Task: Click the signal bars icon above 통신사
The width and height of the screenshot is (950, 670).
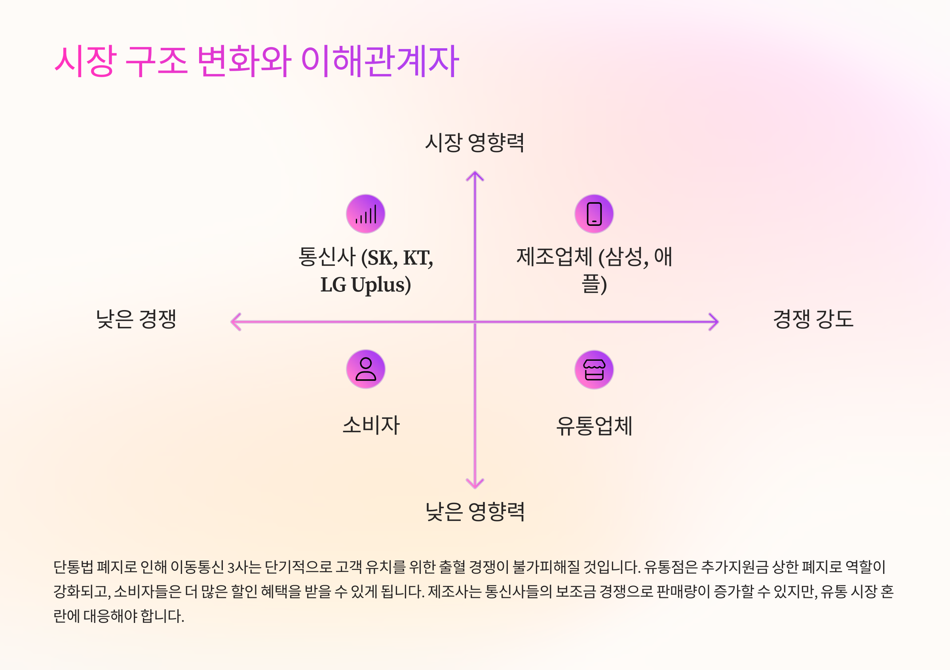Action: [x=366, y=214]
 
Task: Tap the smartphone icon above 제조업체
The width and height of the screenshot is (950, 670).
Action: [x=594, y=214]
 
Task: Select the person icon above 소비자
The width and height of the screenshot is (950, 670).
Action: [x=366, y=369]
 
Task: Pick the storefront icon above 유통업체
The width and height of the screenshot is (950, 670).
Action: [x=594, y=369]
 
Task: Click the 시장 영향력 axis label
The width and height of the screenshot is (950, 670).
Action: [x=475, y=143]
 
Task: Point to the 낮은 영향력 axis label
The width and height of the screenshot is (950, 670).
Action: [x=475, y=512]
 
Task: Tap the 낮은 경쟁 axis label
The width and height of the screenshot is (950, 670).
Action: [x=136, y=319]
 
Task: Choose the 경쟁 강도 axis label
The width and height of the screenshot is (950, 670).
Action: [x=813, y=319]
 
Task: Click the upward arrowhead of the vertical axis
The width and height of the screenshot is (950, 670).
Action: [x=475, y=175]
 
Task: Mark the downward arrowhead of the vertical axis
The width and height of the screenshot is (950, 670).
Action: [x=475, y=484]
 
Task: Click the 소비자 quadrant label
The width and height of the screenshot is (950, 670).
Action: [x=371, y=425]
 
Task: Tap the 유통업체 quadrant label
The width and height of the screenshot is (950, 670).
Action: [x=594, y=426]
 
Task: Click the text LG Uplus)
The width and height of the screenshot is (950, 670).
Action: [x=366, y=285]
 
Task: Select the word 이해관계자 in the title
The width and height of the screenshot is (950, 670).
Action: [x=380, y=61]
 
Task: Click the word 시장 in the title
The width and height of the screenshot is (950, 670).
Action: [x=85, y=61]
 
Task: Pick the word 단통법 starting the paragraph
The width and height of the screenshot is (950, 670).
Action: [x=73, y=567]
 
